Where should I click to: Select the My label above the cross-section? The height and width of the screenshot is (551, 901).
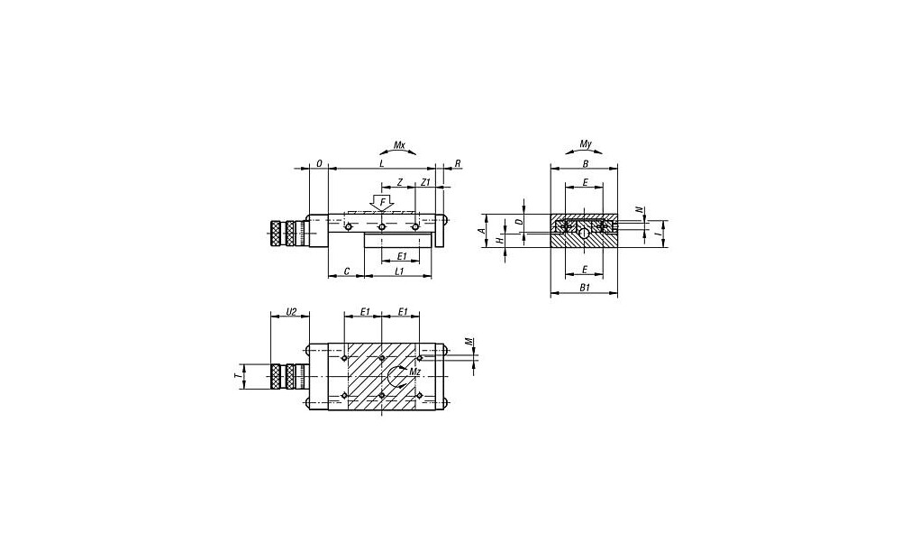coord(585,143)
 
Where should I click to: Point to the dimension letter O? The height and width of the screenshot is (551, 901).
coord(319,164)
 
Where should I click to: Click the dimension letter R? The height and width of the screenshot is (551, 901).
coord(458,164)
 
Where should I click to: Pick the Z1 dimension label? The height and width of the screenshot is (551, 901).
coord(425,182)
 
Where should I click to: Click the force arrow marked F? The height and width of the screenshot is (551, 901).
coord(382,203)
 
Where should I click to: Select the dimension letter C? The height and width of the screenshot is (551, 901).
coord(346,271)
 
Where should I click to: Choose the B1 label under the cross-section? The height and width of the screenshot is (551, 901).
coord(585,287)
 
